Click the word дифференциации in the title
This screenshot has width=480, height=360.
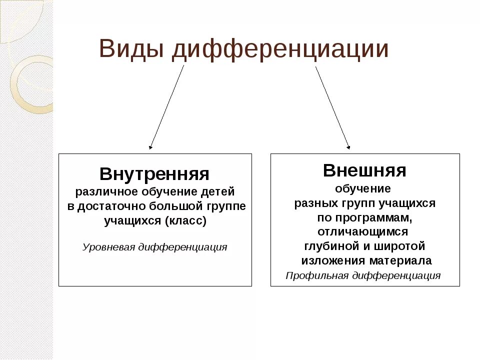pos(280,50)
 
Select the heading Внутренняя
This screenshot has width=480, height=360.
pos(154,174)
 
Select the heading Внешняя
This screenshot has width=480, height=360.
pos(364,170)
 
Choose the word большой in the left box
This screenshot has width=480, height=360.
pos(174,206)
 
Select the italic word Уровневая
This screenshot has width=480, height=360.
pos(108,247)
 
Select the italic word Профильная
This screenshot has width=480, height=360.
pos(317,275)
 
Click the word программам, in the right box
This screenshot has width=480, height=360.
pos(370,217)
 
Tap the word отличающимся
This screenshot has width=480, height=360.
pos(363,232)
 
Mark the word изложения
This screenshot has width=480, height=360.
pos(333,260)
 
